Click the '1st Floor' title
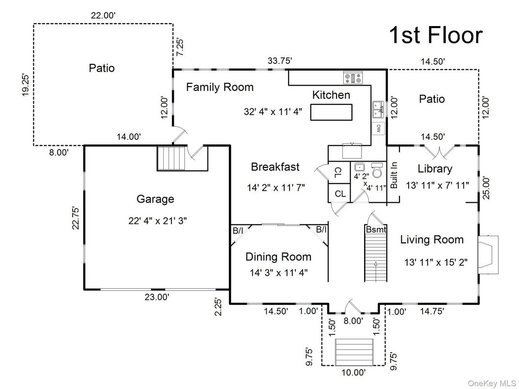coord(436,35)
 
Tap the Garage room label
coord(155,199)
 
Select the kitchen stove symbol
coord(353,77)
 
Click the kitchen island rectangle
coord(331,112)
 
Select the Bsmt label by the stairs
coord(375,229)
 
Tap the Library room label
coord(435,169)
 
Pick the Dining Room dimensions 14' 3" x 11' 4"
coord(278,272)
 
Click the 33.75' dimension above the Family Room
coord(280,61)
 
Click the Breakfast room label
coord(275,167)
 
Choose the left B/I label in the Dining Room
coord(238,231)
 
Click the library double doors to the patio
coord(443,151)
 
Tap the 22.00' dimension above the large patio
coord(103,15)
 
